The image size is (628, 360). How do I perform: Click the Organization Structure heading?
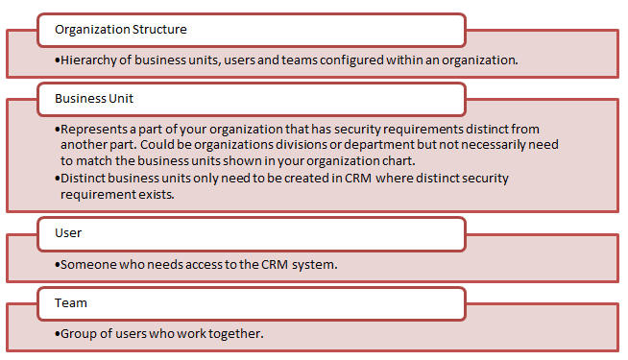point(120,29)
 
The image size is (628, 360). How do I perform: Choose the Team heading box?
point(71,302)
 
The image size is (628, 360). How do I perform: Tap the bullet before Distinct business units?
point(58,178)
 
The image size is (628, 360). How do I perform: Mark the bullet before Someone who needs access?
point(58,264)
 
